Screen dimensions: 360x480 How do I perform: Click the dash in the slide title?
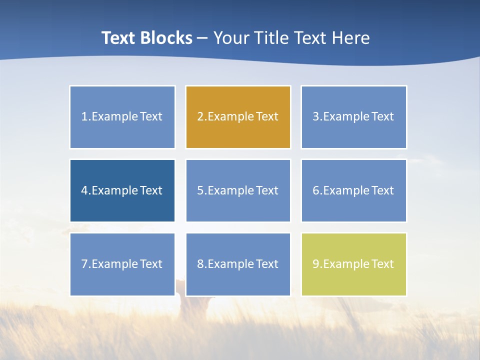coord(202,38)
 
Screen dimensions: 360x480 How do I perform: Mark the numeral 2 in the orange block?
coord(200,116)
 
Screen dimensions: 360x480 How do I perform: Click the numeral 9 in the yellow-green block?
coord(316,264)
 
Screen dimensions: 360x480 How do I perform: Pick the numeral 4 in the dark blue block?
coord(84,190)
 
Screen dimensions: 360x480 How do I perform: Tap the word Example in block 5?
coord(230,190)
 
